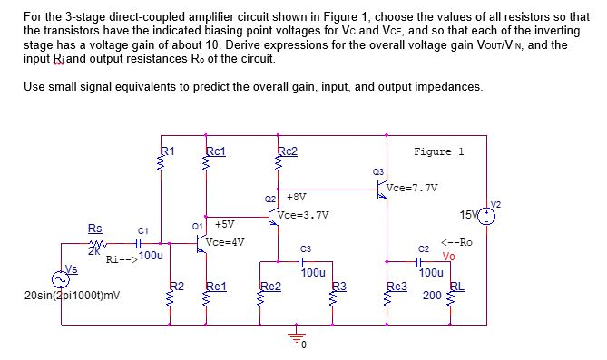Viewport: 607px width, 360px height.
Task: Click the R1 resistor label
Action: click(168, 151)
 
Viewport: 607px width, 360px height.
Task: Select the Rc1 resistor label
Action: click(216, 151)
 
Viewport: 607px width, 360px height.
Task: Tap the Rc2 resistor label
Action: click(289, 151)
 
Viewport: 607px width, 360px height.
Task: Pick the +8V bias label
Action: click(296, 195)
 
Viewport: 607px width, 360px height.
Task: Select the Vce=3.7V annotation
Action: click(304, 215)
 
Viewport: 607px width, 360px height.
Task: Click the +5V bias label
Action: click(225, 223)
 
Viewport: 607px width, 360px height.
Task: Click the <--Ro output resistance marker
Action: click(455, 242)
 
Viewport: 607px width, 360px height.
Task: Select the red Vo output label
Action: click(448, 255)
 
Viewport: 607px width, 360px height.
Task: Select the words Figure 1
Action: click(438, 151)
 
